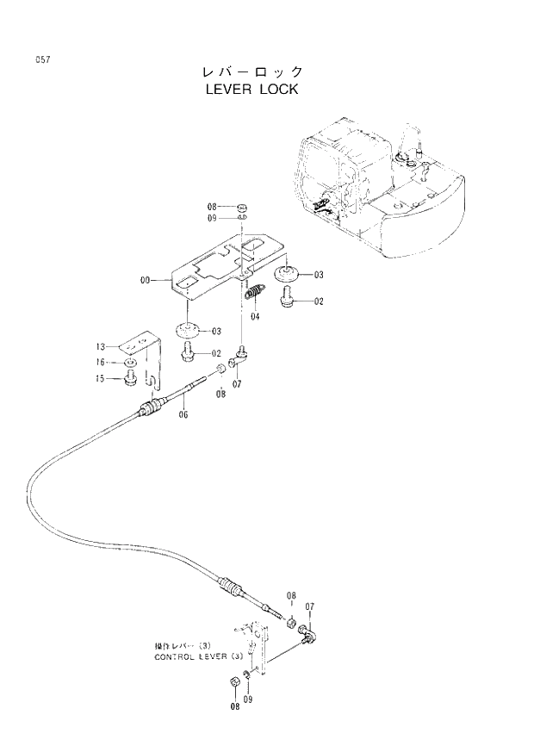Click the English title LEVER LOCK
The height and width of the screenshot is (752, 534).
point(251,89)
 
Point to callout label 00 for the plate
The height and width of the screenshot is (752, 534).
point(144,280)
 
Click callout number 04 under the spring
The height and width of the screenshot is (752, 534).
point(255,316)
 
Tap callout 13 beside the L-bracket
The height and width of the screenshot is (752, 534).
point(101,346)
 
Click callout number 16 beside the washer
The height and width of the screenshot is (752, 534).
point(101,362)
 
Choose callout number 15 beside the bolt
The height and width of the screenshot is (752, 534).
point(101,377)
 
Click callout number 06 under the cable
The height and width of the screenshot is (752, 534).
point(183,414)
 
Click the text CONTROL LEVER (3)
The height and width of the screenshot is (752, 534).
point(190,656)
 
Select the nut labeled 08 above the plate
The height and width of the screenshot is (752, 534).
point(242,208)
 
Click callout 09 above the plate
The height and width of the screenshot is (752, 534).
point(212,219)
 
